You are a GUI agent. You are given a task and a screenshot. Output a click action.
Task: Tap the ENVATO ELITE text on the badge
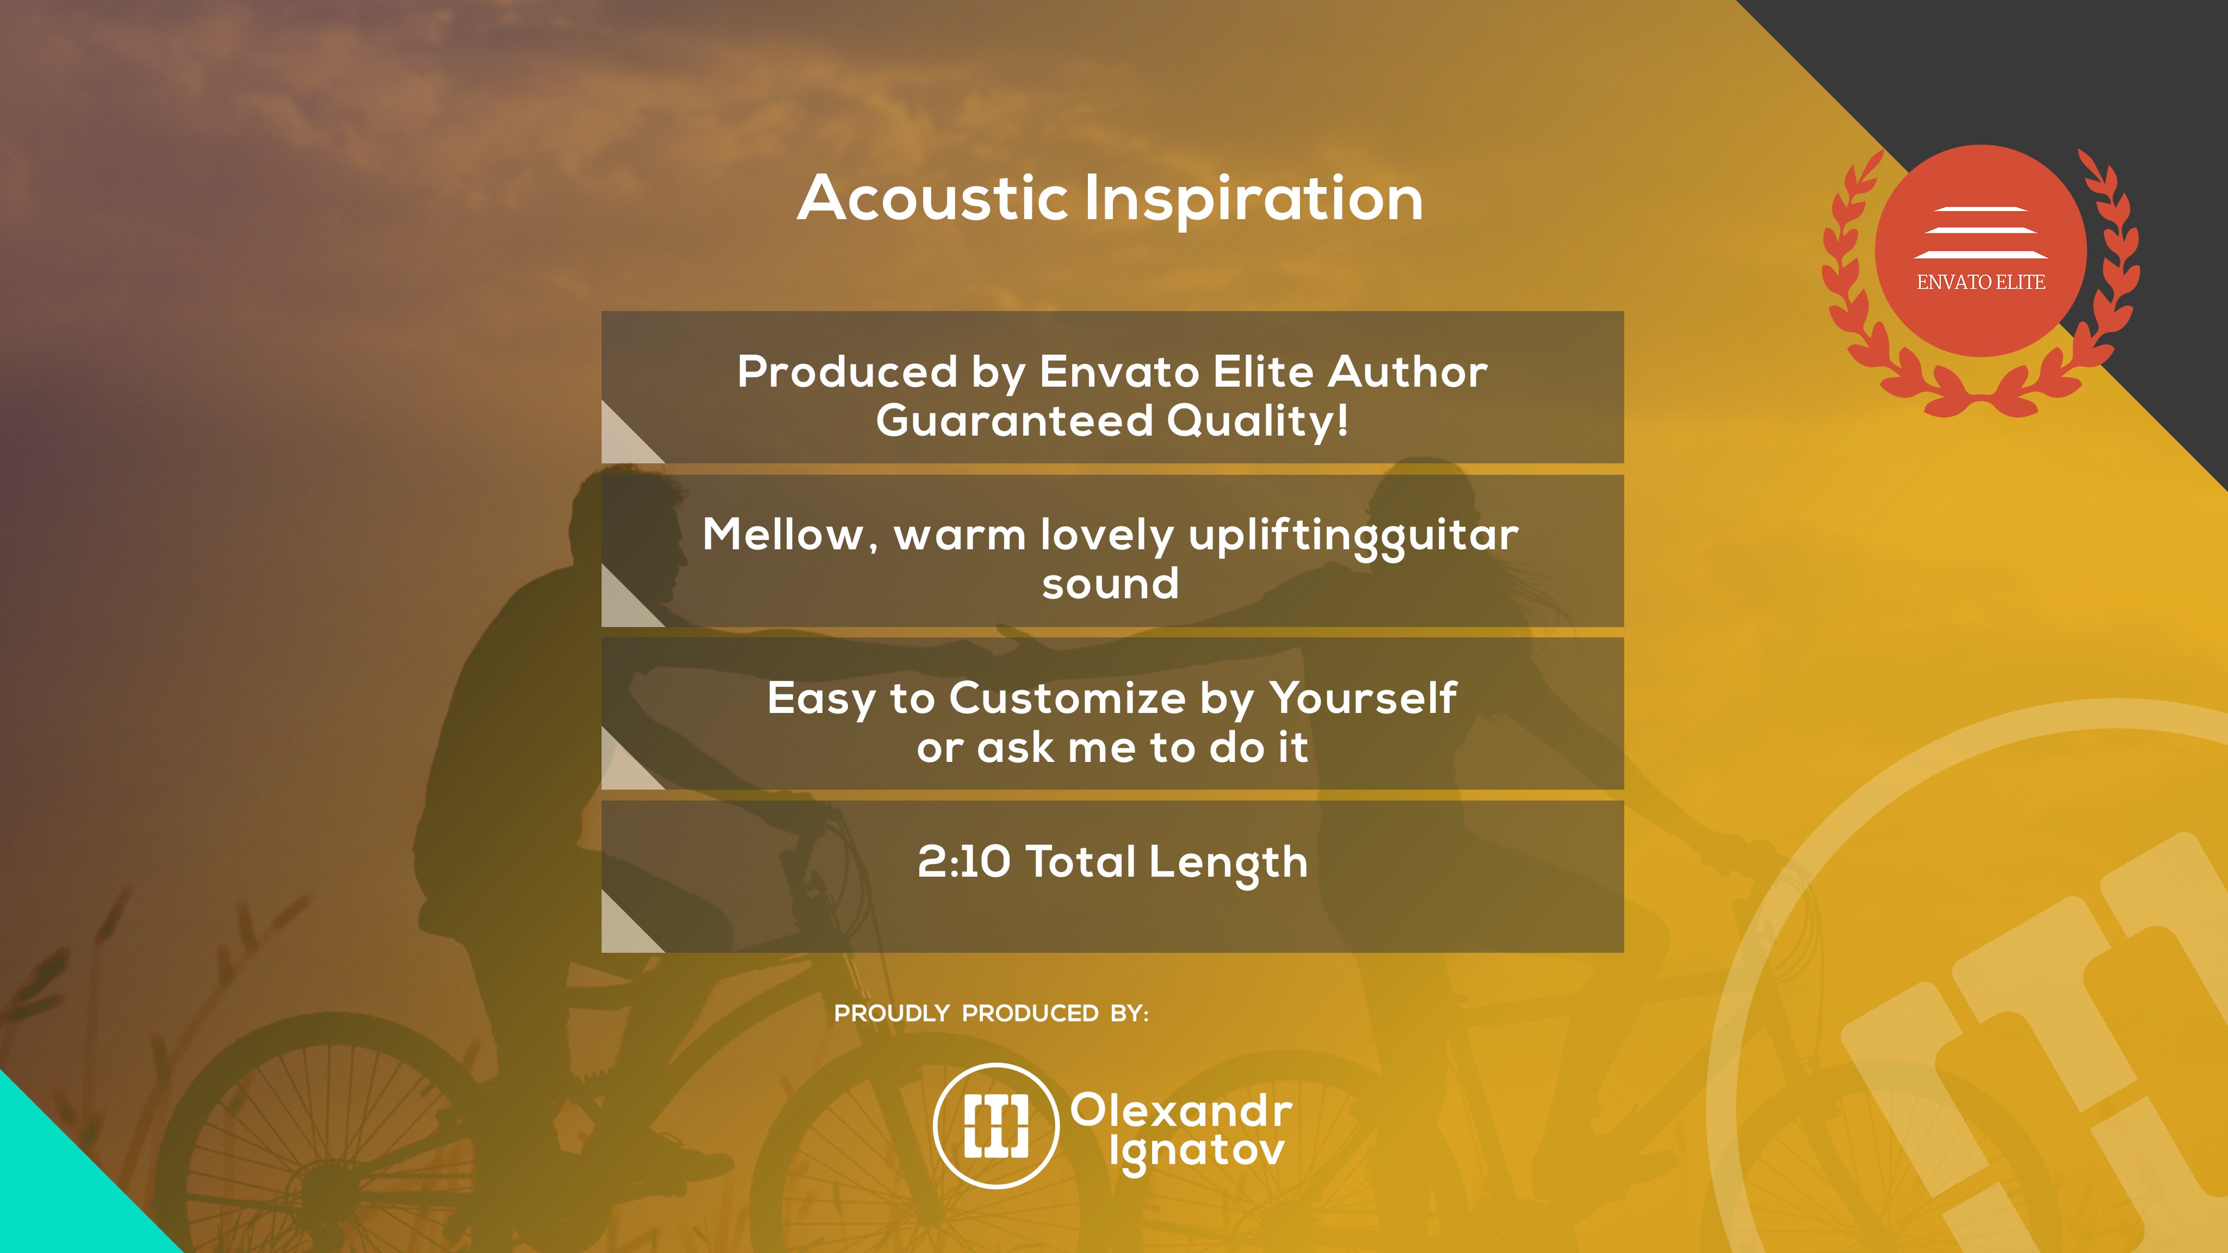point(1981,282)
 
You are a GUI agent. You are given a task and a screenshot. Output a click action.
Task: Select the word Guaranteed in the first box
point(1014,421)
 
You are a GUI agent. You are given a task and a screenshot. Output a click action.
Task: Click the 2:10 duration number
point(963,861)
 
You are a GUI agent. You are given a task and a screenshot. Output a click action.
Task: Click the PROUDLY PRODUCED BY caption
point(991,1014)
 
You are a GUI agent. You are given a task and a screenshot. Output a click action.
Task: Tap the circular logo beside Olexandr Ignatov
point(997,1126)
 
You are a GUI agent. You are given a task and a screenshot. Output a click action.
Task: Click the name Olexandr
point(1181,1111)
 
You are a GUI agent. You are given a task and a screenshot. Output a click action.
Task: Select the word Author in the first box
point(1407,372)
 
